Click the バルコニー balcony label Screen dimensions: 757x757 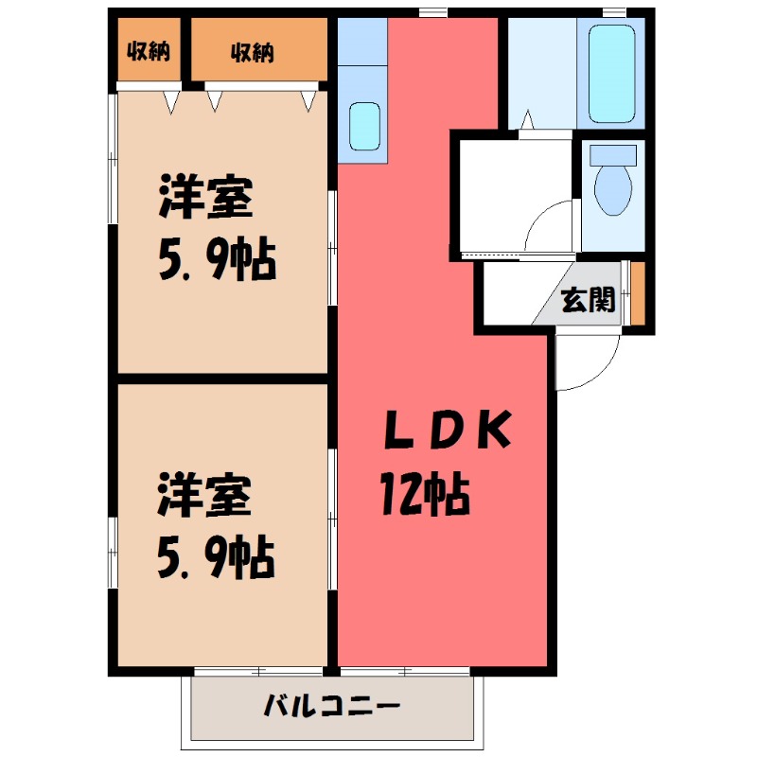pos(332,706)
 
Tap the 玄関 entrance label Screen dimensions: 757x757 pos(589,300)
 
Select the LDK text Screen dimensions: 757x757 pos(447,431)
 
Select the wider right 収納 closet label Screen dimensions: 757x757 pos(252,52)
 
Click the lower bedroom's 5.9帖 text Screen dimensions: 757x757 pos(217,557)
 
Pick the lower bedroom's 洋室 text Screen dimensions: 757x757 pos(204,498)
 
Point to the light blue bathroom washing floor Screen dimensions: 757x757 pos(545,71)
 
